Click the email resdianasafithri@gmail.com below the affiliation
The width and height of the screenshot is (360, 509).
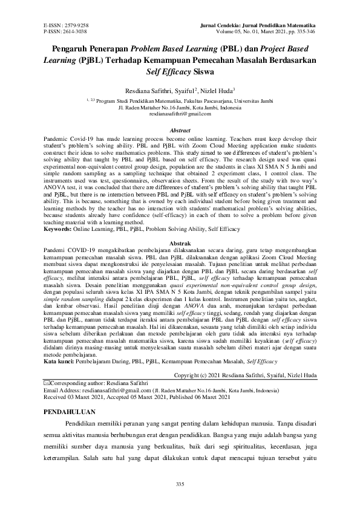[x=180, y=113]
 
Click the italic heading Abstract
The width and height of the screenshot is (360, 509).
[x=180, y=131]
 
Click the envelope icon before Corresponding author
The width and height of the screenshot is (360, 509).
[x=48, y=384]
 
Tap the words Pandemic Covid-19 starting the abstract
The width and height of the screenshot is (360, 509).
[x=67, y=138]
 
